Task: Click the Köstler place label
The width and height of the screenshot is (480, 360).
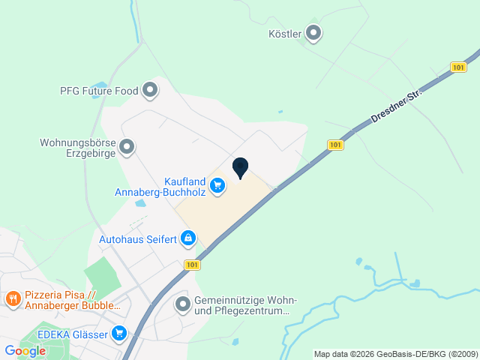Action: (285, 34)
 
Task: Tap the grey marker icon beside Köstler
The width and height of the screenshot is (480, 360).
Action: (313, 33)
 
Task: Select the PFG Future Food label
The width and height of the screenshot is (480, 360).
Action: (99, 91)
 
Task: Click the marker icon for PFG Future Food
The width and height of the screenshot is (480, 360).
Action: (151, 91)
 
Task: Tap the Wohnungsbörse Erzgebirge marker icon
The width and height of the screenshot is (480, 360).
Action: (127, 147)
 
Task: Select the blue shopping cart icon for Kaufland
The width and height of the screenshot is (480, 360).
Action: (217, 184)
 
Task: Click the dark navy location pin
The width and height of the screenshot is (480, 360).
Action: (240, 167)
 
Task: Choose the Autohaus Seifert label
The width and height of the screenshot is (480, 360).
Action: (137, 239)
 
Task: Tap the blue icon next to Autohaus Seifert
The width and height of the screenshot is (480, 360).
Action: (187, 239)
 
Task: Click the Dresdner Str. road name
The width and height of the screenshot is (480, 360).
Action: (397, 106)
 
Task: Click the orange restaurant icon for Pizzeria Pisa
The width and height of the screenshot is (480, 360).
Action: (13, 300)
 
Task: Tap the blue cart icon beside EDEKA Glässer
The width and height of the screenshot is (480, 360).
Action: (118, 333)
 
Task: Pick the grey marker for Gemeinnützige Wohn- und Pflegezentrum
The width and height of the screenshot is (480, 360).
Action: (182, 304)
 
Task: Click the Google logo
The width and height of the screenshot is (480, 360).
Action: (25, 351)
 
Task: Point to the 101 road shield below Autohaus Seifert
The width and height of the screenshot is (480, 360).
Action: (192, 265)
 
